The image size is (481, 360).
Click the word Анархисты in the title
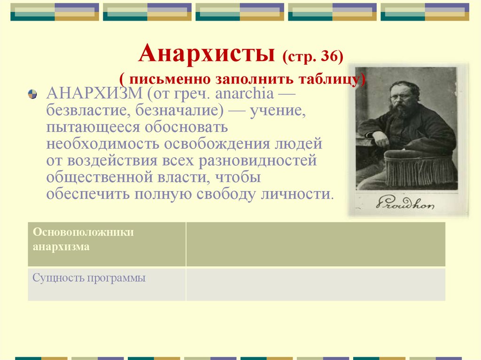207,54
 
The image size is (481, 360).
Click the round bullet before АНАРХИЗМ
32,93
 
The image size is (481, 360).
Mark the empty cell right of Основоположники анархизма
315,244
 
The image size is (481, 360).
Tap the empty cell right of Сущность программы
315,284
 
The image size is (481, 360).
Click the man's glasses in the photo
402,97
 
